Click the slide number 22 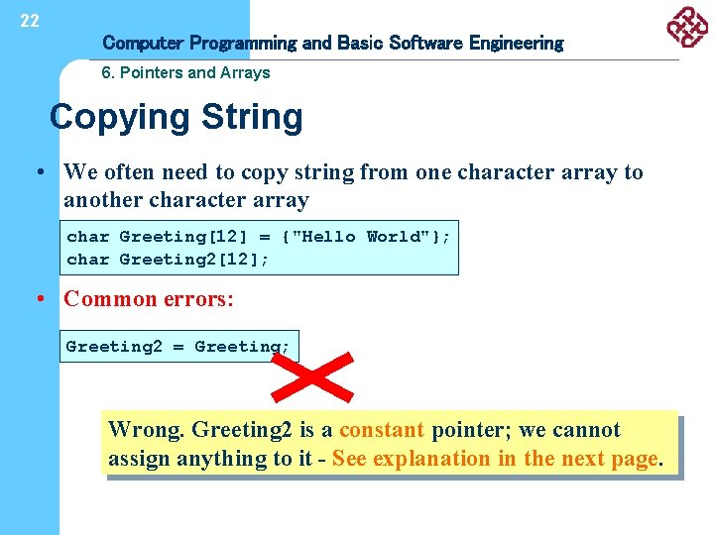[30, 21]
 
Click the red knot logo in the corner [687, 27]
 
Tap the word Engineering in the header [516, 43]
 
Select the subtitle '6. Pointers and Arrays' [186, 72]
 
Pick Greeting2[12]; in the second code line [194, 260]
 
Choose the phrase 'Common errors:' [149, 299]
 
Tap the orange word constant [381, 430]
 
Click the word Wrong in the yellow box [146, 430]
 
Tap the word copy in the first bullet [263, 172]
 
